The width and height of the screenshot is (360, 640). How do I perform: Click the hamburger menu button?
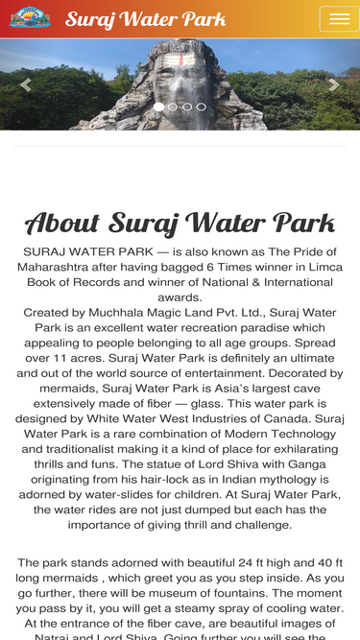[339, 19]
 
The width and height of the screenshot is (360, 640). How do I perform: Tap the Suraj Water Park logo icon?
[29, 18]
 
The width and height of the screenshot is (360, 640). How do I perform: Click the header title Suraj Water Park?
[146, 19]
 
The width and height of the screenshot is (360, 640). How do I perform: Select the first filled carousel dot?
[158, 107]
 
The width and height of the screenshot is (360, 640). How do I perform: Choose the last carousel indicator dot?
[202, 107]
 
